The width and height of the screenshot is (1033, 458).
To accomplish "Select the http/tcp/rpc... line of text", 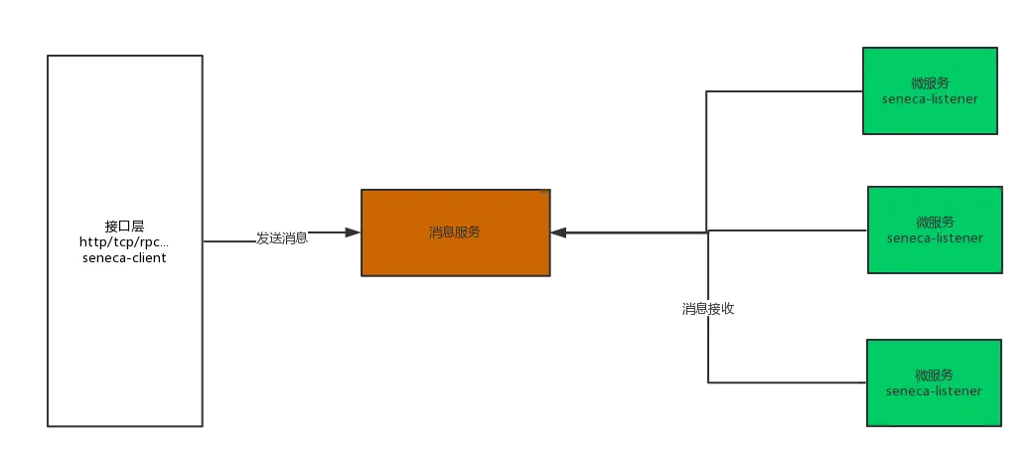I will [124, 242].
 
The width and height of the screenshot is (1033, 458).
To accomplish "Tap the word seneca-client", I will [124, 258].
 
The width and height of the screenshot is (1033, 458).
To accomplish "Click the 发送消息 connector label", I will [282, 238].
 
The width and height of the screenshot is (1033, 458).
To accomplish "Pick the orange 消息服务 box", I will [455, 232].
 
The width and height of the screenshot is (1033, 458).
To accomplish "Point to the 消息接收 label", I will [708, 308].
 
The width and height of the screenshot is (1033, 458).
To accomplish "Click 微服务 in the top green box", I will [930, 82].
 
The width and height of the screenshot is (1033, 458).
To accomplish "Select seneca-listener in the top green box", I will [930, 99].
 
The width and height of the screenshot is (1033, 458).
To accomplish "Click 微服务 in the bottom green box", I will [935, 375].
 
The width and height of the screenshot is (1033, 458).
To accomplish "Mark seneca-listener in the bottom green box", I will [935, 391].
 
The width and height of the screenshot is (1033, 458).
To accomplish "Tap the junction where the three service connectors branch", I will [707, 231].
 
